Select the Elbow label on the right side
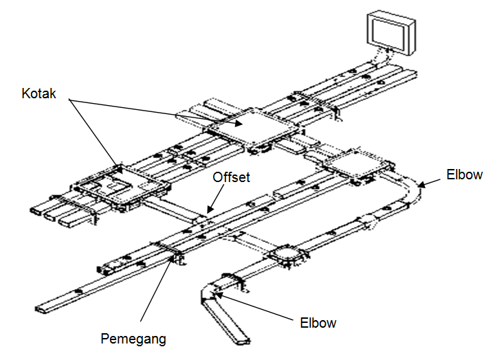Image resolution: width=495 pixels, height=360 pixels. (x=464, y=175)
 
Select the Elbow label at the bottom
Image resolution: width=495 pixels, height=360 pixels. (x=319, y=322)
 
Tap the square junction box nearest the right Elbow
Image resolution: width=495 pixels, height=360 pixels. (x=357, y=165)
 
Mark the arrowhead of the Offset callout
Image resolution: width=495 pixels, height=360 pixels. (x=207, y=211)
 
